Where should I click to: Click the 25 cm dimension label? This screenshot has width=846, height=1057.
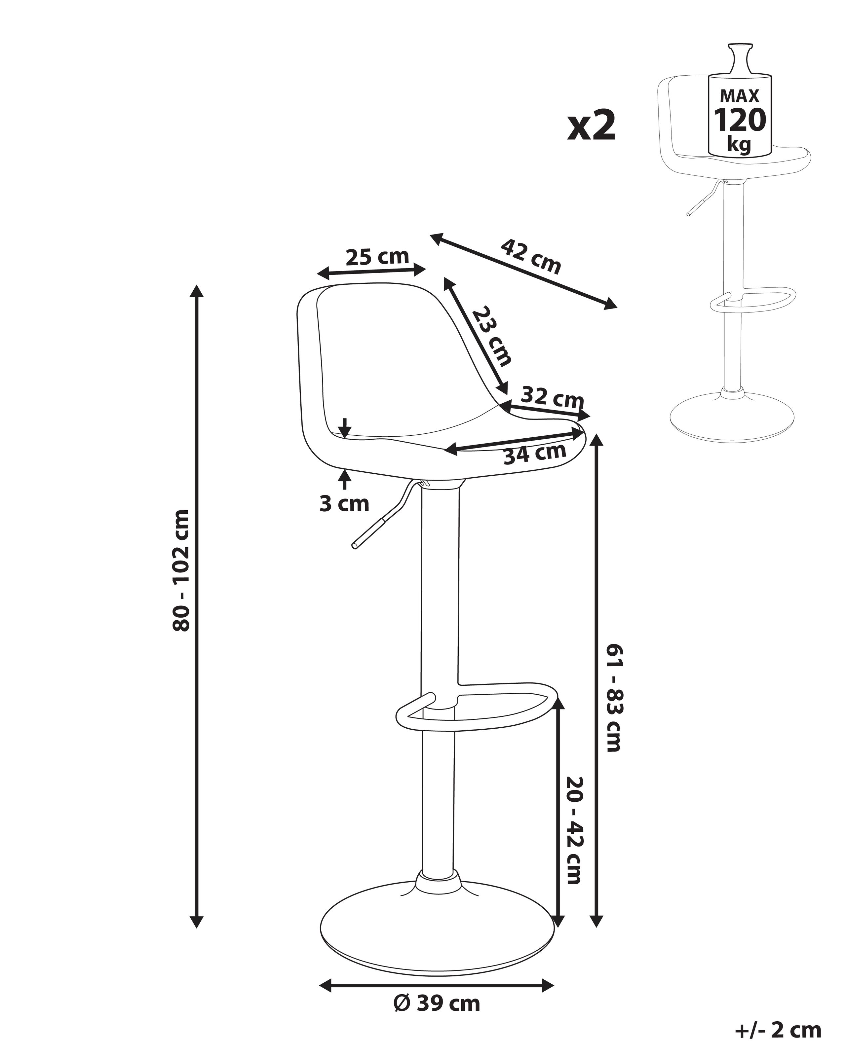tap(377, 257)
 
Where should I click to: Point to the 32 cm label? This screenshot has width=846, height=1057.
tap(552, 397)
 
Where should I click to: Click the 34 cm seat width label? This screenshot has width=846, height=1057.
tap(535, 453)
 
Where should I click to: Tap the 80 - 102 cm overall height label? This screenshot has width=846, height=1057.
tap(181, 570)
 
